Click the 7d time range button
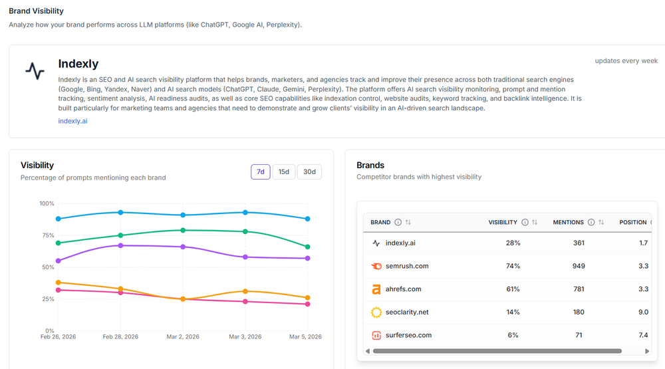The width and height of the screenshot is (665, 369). pos(260,172)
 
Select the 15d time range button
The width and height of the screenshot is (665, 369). pos(284,172)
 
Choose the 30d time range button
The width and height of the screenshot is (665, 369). pos(309,172)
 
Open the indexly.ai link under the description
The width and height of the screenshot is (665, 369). pos(72,121)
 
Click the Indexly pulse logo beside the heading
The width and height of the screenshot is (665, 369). pos(35,71)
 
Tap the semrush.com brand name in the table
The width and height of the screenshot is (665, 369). pos(407,266)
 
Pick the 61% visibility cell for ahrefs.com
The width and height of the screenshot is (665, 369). pos(513,289)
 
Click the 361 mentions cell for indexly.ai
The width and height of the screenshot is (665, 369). pos(579,243)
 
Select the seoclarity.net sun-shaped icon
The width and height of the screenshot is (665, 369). pos(376,312)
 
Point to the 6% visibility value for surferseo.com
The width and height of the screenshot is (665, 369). pos(513,335)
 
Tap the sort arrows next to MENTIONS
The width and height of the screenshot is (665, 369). pos(601,222)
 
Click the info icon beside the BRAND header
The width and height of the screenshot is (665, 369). pos(398,222)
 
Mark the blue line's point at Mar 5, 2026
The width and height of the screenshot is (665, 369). pos(308,219)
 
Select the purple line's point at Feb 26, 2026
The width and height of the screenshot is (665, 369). pos(59,261)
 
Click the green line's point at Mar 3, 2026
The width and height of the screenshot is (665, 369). pos(245,231)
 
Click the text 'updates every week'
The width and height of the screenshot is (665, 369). pos(626,61)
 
